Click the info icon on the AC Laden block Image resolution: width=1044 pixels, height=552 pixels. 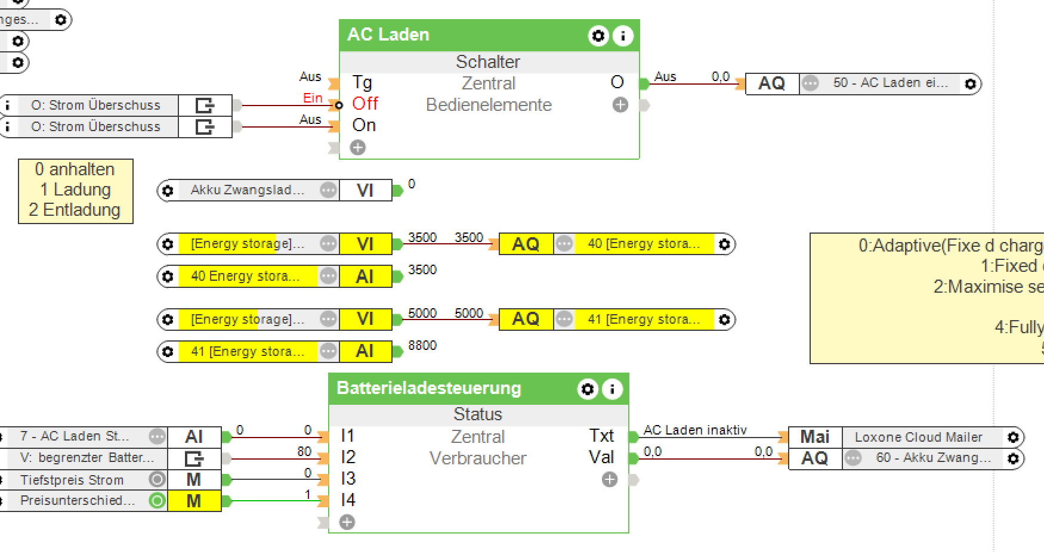622,36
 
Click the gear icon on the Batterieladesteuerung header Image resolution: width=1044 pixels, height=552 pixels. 588,389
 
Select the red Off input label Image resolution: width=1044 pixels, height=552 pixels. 365,104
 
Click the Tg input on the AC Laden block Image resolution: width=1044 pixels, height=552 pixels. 362,82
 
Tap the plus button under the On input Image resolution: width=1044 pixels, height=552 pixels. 357,147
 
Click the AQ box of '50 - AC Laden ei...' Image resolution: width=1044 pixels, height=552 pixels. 771,83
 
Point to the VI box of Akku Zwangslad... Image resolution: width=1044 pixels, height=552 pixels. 365,190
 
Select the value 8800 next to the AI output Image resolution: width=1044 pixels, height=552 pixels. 422,346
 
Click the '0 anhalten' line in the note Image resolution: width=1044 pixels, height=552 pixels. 75,169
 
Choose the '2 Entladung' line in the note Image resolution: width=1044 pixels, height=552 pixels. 75,210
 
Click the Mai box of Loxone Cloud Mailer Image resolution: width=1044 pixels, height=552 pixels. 814,437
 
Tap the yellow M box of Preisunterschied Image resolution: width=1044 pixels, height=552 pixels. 194,501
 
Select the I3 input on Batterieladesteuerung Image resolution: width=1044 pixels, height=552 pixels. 348,479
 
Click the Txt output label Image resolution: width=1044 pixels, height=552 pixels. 601,436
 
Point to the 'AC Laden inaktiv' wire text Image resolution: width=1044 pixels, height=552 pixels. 695,430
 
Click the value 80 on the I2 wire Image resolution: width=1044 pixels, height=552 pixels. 304,451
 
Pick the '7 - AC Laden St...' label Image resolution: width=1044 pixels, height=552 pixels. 75,436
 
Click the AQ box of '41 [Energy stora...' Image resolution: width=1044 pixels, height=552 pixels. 526,319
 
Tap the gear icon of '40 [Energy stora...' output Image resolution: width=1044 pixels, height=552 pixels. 724,244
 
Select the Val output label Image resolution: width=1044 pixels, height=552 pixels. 601,457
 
